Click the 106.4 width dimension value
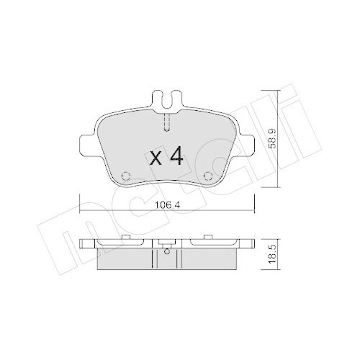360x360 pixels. (x=167, y=204)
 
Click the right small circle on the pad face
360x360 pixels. (x=208, y=175)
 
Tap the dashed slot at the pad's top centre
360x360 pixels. (x=166, y=123)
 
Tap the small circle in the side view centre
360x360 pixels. (x=166, y=251)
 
